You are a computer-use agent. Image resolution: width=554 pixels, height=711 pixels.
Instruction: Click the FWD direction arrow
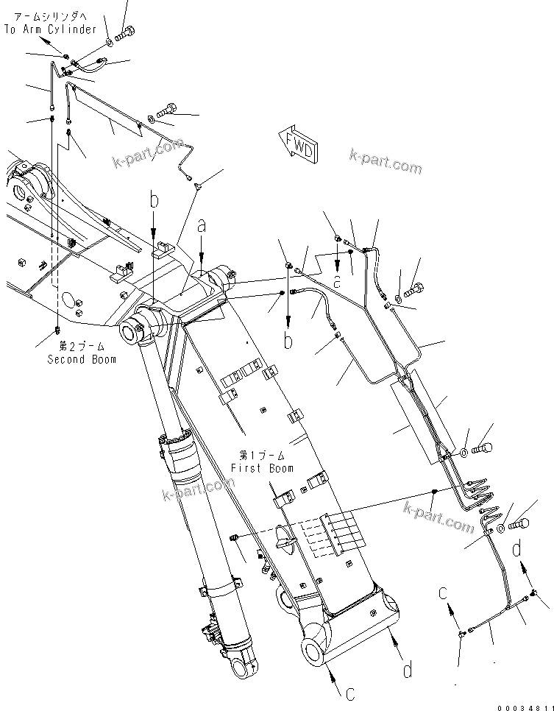coord(298,144)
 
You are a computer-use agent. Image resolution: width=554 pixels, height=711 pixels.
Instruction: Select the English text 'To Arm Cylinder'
coord(50,29)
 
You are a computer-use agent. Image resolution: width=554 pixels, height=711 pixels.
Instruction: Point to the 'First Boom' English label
coord(262,468)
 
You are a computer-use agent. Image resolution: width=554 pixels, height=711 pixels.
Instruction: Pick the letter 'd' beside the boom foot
coord(406,670)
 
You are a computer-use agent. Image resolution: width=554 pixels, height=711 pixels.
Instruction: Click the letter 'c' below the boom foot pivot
coord(350,693)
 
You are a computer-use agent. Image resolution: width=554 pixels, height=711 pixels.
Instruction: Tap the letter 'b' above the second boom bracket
coord(154,199)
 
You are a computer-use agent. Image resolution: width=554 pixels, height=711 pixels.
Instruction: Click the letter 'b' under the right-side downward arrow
coord(288,341)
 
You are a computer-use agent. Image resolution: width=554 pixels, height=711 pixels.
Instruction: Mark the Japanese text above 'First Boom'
coord(262,456)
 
